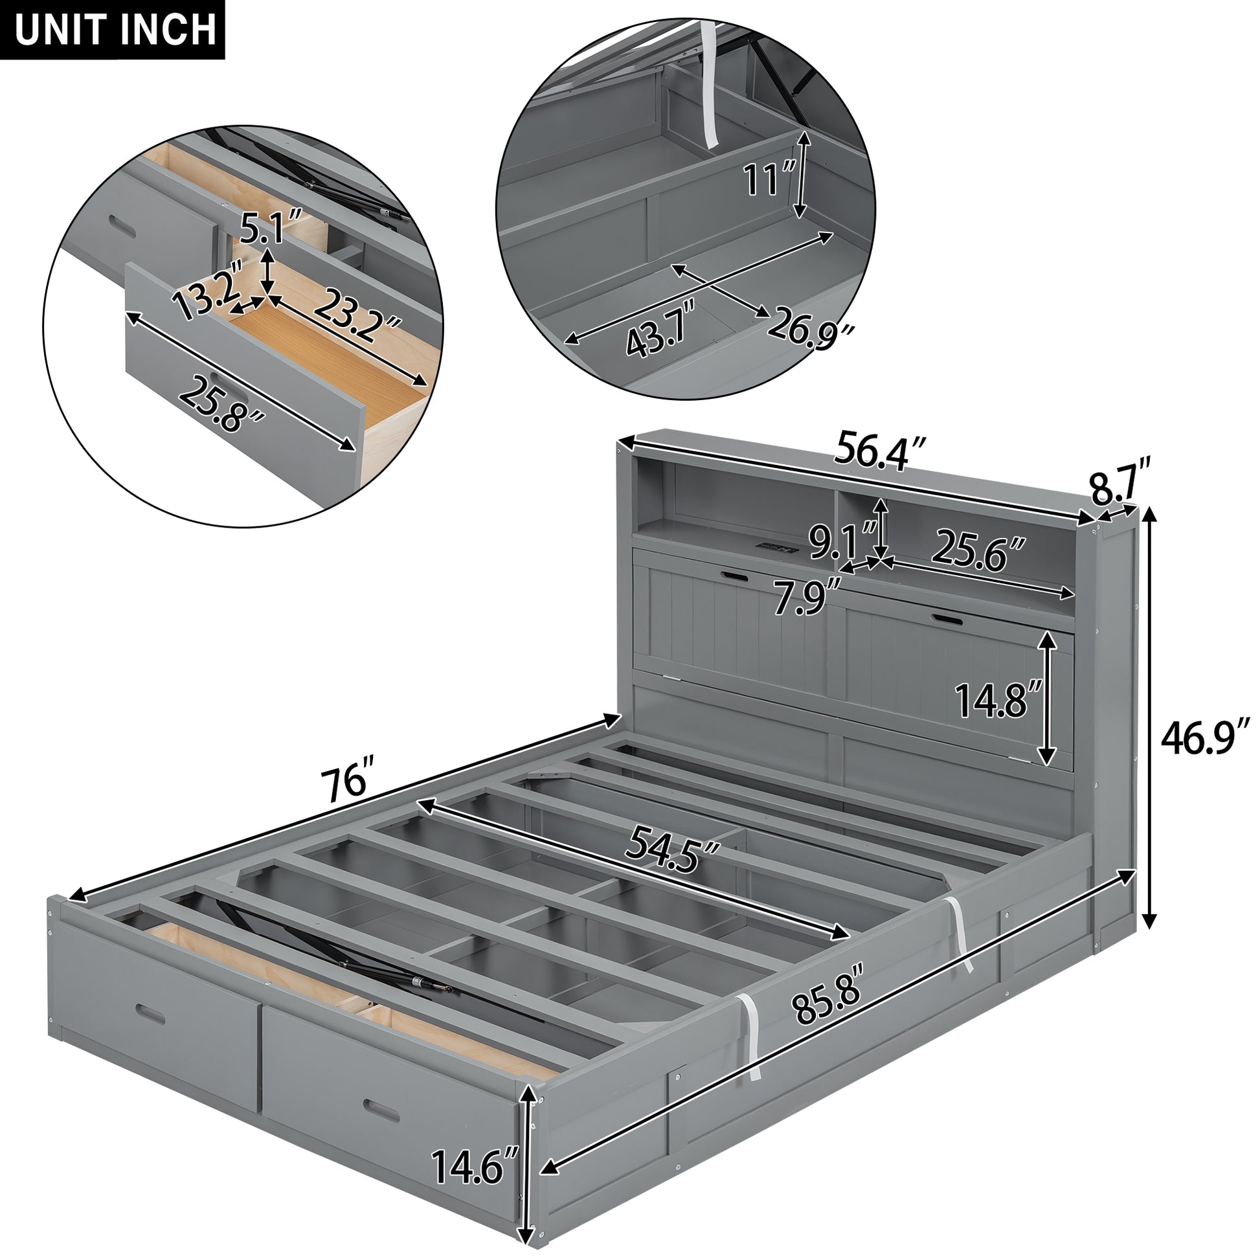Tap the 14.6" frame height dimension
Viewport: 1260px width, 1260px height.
474,1166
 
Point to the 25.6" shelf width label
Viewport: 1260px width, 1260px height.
978,550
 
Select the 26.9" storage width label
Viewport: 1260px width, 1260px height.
809,328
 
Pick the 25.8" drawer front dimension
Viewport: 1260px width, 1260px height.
220,404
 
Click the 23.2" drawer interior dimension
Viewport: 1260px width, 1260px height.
356,316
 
